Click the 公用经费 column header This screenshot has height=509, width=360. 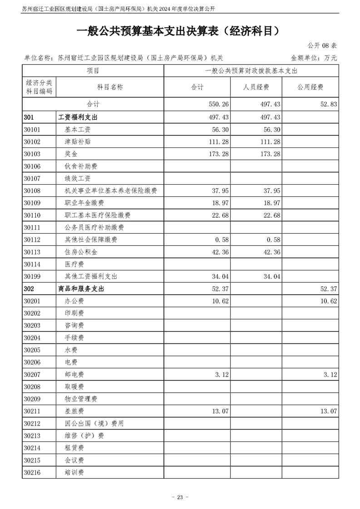(310, 87)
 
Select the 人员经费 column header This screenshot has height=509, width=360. (256, 87)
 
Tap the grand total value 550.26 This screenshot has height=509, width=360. (218, 105)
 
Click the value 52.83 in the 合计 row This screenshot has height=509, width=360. (327, 105)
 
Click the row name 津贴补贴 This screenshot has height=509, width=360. (78, 142)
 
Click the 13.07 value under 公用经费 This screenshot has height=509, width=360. (328, 411)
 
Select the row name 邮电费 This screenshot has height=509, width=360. (74, 375)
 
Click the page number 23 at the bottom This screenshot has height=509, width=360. (180, 497)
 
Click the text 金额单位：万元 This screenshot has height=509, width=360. (314, 58)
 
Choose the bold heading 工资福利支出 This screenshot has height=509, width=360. (78, 117)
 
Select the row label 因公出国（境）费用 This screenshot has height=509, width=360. (94, 424)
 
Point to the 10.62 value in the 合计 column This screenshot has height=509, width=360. (220, 301)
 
